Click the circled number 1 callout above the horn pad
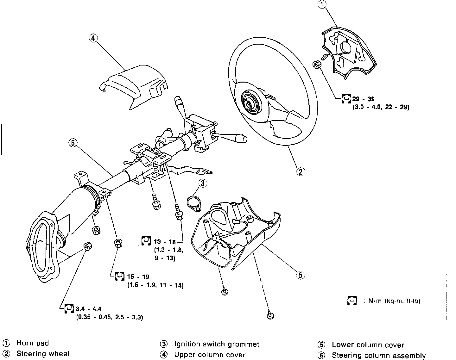click(x=322, y=5)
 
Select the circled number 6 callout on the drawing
click(x=73, y=143)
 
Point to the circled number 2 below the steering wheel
click(x=300, y=171)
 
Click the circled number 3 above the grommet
click(x=203, y=183)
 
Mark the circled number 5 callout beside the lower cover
click(x=300, y=275)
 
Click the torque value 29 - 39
click(x=363, y=99)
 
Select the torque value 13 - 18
click(x=165, y=242)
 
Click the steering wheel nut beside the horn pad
click(x=317, y=65)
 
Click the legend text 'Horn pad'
click(x=33, y=343)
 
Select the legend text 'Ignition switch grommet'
click(x=217, y=344)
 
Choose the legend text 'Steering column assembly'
click(x=378, y=356)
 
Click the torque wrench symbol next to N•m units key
click(x=352, y=301)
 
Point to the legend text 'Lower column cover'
click(x=368, y=345)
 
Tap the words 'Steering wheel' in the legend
click(x=43, y=354)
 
